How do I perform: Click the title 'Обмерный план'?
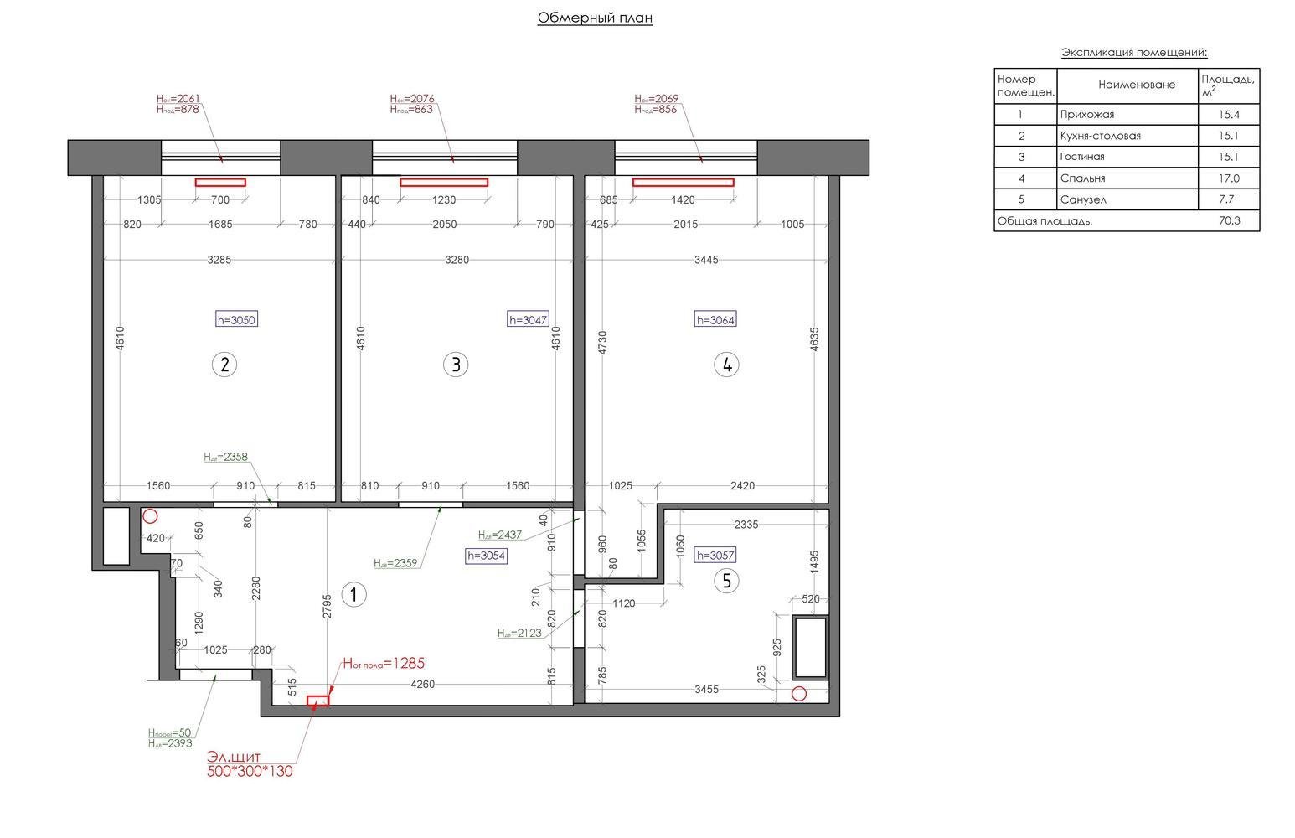pyautogui.click(x=595, y=18)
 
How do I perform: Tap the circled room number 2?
pyautogui.click(x=224, y=365)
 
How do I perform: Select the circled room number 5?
pyautogui.click(x=726, y=580)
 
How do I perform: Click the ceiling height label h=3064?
pyautogui.click(x=715, y=320)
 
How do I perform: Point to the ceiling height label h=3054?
pyautogui.click(x=486, y=556)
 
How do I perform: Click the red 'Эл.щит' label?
pyautogui.click(x=234, y=757)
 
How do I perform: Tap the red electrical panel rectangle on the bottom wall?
pyautogui.click(x=317, y=701)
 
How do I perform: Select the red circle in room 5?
pyautogui.click(x=798, y=693)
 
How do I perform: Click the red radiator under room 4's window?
pyautogui.click(x=683, y=182)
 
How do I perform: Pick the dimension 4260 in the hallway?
pyautogui.click(x=423, y=684)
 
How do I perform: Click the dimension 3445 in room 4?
pyautogui.click(x=706, y=260)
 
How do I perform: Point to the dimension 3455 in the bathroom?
pyautogui.click(x=706, y=690)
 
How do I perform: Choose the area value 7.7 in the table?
pyautogui.click(x=1226, y=199)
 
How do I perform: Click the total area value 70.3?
pyautogui.click(x=1229, y=220)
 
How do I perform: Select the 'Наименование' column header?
pyautogui.click(x=1137, y=85)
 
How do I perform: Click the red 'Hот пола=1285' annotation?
pyautogui.click(x=384, y=664)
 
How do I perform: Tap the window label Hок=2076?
pyautogui.click(x=412, y=99)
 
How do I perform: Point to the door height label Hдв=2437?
pyautogui.click(x=499, y=535)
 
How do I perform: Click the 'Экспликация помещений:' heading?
pyautogui.click(x=1134, y=53)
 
